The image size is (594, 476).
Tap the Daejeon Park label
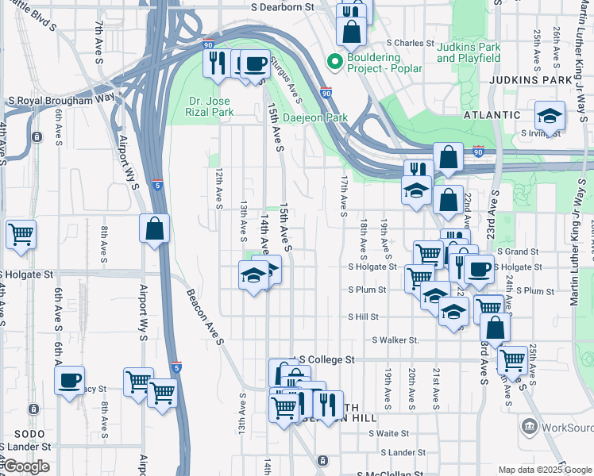coord(316,117)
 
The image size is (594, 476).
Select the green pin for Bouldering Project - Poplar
coord(335,60)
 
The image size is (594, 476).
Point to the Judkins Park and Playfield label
coord(469,52)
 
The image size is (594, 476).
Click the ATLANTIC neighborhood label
coord(488,114)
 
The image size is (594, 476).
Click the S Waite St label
coord(382,433)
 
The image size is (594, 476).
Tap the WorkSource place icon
coord(528,427)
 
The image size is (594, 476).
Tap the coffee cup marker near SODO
coord(70,378)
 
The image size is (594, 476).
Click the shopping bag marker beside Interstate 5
coord(154,229)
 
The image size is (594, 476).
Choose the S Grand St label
coord(521,251)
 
